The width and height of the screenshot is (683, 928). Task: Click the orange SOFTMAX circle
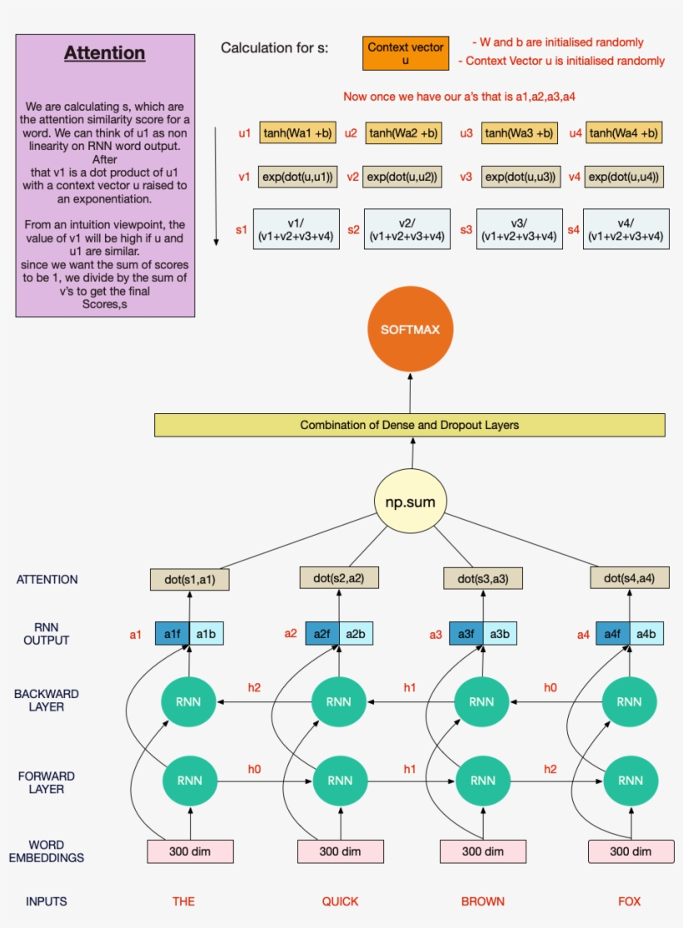coord(410,330)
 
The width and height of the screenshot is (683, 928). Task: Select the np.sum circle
coord(410,501)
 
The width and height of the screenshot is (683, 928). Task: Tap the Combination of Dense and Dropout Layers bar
coord(410,425)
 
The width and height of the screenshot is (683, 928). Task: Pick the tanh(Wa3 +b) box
coord(518,132)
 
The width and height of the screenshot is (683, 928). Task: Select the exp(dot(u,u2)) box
coord(403,177)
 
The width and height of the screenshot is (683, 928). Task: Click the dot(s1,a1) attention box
coord(190,580)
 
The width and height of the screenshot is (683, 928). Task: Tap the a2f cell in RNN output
coord(322,634)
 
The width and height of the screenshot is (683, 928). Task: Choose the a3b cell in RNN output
coord(499,634)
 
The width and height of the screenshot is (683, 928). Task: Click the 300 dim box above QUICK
coord(341,851)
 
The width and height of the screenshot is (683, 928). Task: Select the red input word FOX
coord(630,901)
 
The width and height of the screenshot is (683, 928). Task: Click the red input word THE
coord(183,901)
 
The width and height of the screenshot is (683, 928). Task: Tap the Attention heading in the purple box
coord(105,53)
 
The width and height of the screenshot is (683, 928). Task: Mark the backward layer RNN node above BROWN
coord(482,701)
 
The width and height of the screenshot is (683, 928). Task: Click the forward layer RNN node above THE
coord(189,781)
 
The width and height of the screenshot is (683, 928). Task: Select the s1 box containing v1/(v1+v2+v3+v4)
coord(298,229)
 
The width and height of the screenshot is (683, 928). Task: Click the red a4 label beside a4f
coord(584,635)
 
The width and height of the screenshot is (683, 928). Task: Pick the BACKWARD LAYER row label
coord(47,701)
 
